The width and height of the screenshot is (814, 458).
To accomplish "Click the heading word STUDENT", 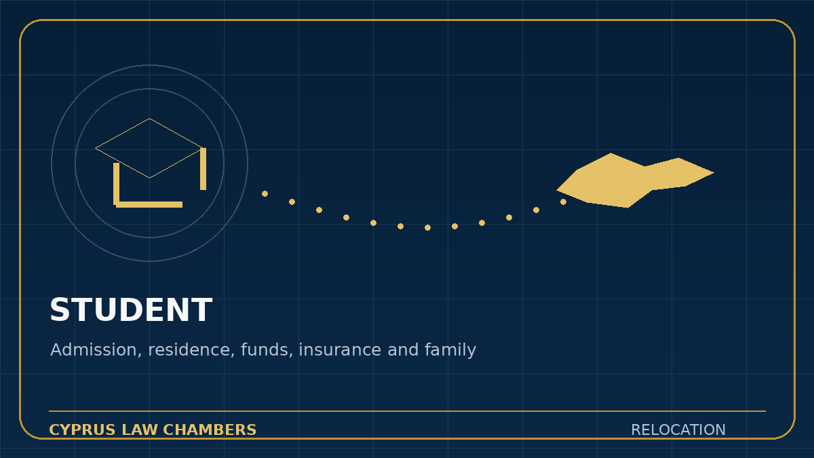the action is pos(131,310).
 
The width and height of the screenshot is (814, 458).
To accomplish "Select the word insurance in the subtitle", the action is pos(340,349).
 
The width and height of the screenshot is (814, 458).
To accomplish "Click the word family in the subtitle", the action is pos(450,350).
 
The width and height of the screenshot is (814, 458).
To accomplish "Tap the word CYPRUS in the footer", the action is pos(82,430).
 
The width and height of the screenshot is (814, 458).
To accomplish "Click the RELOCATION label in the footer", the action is pos(678,430).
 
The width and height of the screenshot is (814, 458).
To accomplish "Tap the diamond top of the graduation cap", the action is pos(149,149).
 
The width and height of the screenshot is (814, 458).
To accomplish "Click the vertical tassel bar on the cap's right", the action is pos(203,169).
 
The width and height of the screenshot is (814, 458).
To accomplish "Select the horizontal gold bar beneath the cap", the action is pos(149,205).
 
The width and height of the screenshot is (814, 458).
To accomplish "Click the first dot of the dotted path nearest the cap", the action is pos(265,194).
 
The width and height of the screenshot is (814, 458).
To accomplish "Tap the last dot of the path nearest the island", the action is pos(563,202).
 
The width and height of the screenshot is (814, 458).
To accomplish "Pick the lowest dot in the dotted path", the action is pos(428,227).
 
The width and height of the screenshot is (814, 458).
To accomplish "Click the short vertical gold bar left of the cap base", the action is pos(116,184).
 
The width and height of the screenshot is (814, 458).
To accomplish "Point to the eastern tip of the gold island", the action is pos(714,172).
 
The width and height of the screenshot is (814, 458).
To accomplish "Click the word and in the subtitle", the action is pos(403,349).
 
